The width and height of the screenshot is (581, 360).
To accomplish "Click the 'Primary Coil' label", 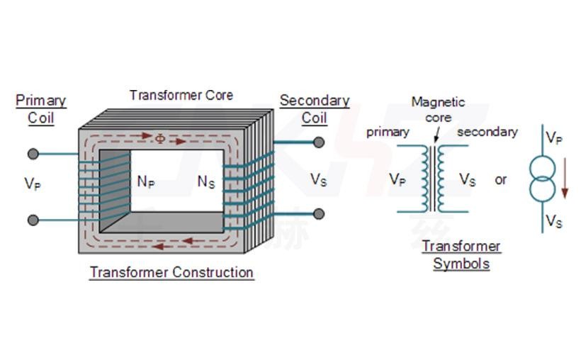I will pyautogui.click(x=40, y=109).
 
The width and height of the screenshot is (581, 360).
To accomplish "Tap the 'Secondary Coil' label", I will pyautogui.click(x=315, y=109).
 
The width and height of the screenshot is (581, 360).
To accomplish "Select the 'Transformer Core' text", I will pyautogui.click(x=181, y=95).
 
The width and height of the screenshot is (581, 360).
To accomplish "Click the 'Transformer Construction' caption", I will pyautogui.click(x=171, y=273).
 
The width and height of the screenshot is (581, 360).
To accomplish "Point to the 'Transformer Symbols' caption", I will pyautogui.click(x=461, y=255).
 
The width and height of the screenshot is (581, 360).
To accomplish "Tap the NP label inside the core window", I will pyautogui.click(x=146, y=182).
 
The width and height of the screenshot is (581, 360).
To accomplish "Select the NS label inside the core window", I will pyautogui.click(x=206, y=182).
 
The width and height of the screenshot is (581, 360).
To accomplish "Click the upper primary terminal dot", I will pyautogui.click(x=33, y=154).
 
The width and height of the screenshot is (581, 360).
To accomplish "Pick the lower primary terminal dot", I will pyautogui.click(x=33, y=220).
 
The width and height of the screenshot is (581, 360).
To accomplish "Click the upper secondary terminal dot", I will pyautogui.click(x=319, y=142).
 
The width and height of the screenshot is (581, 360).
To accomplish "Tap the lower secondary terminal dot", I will pyautogui.click(x=319, y=213).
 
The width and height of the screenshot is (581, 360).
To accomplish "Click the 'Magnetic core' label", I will pyautogui.click(x=438, y=110).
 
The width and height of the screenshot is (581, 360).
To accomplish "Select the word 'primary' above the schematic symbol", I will pyautogui.click(x=388, y=132).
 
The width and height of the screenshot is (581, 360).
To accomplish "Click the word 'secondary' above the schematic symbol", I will pyautogui.click(x=487, y=132).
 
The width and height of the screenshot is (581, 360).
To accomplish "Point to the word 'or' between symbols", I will pyautogui.click(x=501, y=180).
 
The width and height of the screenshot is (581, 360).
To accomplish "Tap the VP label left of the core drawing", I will pyautogui.click(x=33, y=184).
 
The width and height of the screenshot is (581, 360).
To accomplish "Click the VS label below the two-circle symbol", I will pyautogui.click(x=554, y=222).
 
